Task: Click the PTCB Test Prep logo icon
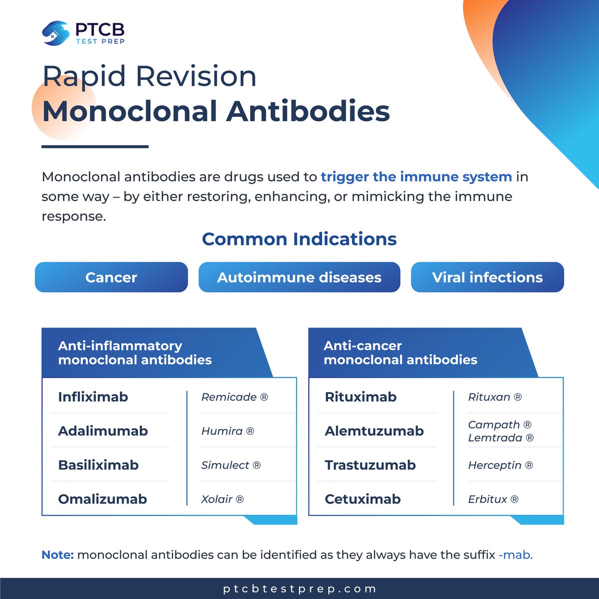click(x=55, y=33)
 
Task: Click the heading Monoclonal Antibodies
click(x=216, y=111)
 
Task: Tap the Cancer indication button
click(x=111, y=277)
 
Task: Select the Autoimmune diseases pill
click(x=299, y=277)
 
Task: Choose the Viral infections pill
click(x=487, y=277)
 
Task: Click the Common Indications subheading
click(x=299, y=239)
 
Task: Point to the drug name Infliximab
click(x=93, y=397)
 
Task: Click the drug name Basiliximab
click(x=98, y=465)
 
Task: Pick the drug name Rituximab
click(x=360, y=397)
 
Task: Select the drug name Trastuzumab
click(x=370, y=465)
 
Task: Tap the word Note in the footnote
click(x=57, y=555)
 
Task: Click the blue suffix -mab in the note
click(x=515, y=555)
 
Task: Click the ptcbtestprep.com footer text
click(x=299, y=589)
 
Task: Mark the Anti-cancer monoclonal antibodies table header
click(x=400, y=352)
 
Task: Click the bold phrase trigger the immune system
click(x=416, y=177)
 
